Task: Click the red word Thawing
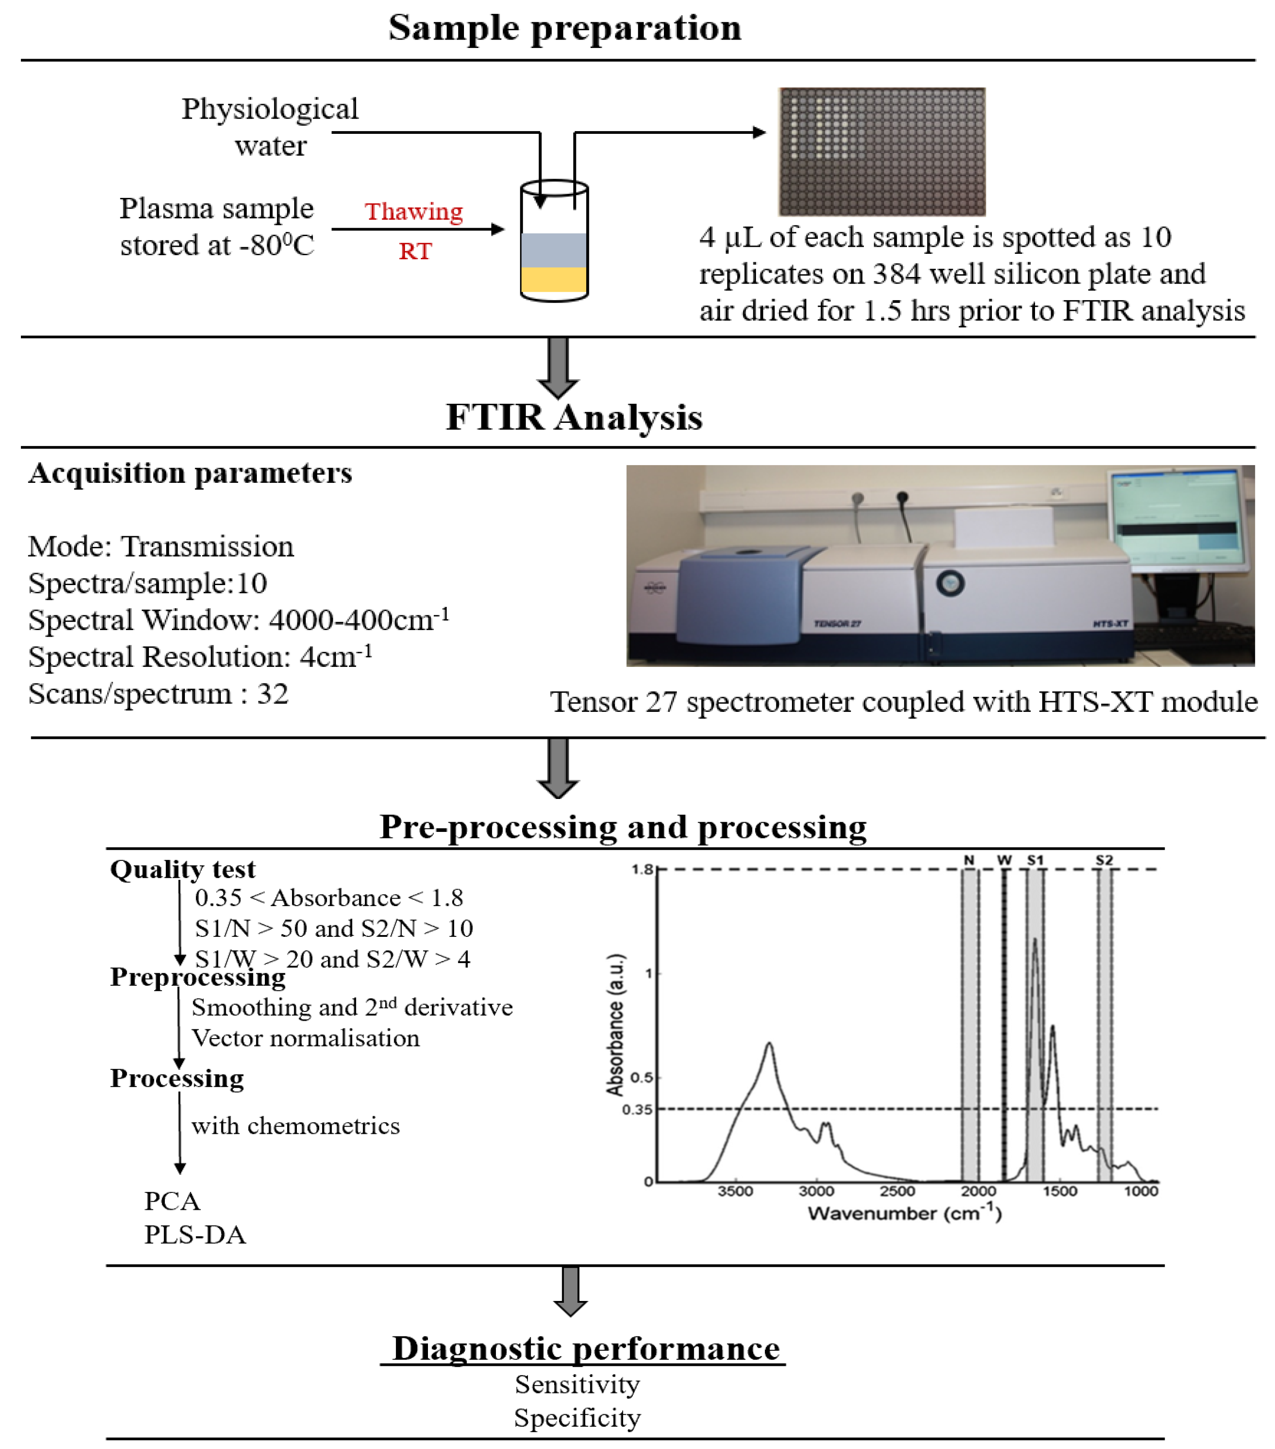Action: pyautogui.click(x=413, y=211)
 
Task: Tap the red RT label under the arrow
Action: pyautogui.click(x=415, y=251)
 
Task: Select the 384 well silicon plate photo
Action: pyautogui.click(x=882, y=151)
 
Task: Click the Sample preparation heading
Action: pyautogui.click(x=565, y=29)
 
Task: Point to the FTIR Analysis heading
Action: pyautogui.click(x=573, y=417)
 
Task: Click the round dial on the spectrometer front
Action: pyautogui.click(x=950, y=583)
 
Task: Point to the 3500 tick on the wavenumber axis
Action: pyautogui.click(x=735, y=1192)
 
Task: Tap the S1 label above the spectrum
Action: pyautogui.click(x=1035, y=860)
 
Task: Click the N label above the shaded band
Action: pyautogui.click(x=969, y=860)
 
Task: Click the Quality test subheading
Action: pyautogui.click(x=182, y=869)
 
